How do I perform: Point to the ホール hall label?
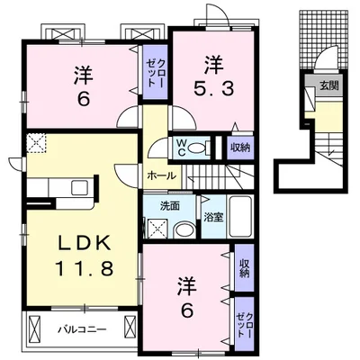163,176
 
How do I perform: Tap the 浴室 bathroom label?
213,218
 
